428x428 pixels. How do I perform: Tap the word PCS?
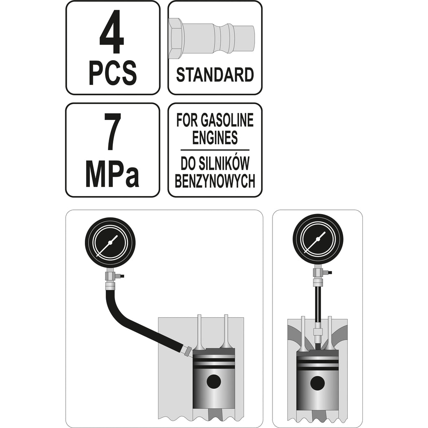pyautogui.click(x=113, y=72)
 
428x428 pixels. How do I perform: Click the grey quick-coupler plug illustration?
pyautogui.click(x=212, y=38)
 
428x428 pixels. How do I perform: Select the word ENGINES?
pyautogui.click(x=215, y=138)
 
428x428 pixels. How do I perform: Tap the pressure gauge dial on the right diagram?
pyautogui.click(x=318, y=239)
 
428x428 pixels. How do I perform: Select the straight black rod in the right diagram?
pyautogui.click(x=318, y=304)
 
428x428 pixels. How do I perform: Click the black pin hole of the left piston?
pyautogui.click(x=214, y=381)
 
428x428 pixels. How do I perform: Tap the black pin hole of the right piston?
pyautogui.click(x=317, y=384)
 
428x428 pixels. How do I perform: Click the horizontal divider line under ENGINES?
pyautogui.click(x=215, y=150)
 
